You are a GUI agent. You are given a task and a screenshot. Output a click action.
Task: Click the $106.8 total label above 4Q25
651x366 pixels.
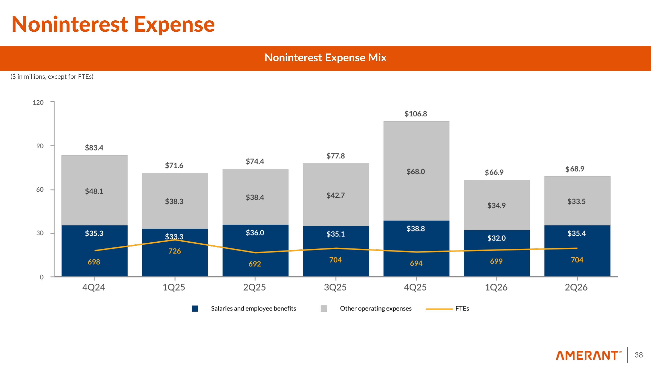coord(416,114)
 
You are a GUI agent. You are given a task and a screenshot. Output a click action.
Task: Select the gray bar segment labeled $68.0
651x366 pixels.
coord(416,171)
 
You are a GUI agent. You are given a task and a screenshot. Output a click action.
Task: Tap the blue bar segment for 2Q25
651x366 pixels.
coord(255,251)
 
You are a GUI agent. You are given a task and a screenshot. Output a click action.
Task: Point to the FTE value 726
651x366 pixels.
coord(175,251)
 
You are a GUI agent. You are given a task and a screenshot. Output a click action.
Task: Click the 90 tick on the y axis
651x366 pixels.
coord(40,146)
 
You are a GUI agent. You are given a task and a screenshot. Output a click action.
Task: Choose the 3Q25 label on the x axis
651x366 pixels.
coord(335,287)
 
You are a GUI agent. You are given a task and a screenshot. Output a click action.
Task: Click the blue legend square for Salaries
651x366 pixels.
coord(195,308)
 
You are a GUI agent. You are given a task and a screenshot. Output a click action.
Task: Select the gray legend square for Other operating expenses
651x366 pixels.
coord(324,308)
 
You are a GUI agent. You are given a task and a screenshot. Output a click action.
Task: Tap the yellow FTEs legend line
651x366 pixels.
coord(439,309)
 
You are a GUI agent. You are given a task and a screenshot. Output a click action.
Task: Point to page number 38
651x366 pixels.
coord(639,355)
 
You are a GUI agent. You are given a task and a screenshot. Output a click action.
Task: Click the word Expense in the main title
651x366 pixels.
coord(174,25)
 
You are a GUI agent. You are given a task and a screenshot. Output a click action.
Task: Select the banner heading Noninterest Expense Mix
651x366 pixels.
coord(325,58)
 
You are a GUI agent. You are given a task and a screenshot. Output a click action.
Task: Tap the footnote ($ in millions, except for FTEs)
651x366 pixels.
coord(52,77)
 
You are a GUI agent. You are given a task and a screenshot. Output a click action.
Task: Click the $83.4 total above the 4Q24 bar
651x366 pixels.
coord(94,148)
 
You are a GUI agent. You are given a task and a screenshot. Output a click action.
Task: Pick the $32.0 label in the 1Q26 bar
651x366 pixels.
coord(496,238)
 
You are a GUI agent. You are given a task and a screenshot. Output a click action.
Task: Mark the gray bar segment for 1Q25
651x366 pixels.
coord(175,201)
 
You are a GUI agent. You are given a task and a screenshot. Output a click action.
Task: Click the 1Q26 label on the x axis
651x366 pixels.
coord(496,287)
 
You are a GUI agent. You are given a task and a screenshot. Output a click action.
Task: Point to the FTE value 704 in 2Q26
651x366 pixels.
coord(577,260)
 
